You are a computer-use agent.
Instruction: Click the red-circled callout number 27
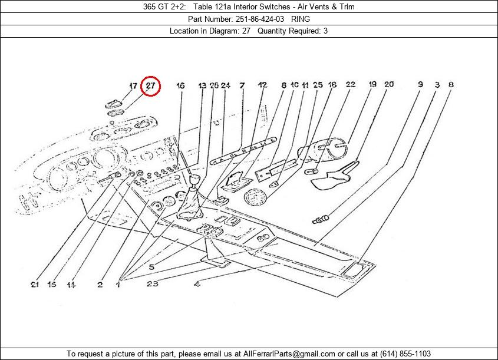[151, 86]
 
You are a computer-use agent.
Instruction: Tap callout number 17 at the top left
[133, 86]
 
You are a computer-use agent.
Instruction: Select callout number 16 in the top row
[180, 86]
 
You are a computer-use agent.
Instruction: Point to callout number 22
[350, 85]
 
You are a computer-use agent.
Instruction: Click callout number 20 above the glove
[389, 85]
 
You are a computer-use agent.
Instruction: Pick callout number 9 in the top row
[420, 85]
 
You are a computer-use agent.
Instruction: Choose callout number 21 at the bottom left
[35, 285]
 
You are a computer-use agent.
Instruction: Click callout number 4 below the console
[196, 285]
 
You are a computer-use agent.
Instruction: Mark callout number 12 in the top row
[262, 85]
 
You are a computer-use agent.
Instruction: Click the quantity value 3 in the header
[326, 31]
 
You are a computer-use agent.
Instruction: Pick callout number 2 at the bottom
[100, 285]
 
